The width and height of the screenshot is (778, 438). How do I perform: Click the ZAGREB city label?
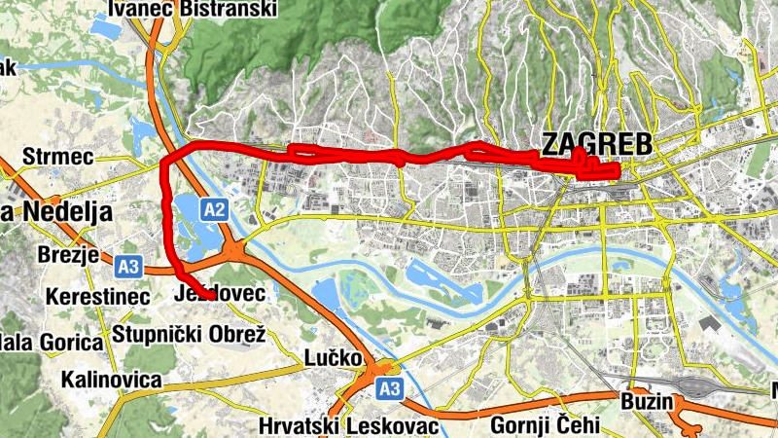[596, 144]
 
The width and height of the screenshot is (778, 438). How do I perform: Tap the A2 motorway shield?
[215, 209]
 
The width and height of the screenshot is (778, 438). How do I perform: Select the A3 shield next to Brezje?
[127, 265]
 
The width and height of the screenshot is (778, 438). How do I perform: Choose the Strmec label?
[57, 157]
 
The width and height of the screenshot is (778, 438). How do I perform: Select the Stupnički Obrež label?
[189, 335]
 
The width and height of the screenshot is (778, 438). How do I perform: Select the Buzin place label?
[647, 401]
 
